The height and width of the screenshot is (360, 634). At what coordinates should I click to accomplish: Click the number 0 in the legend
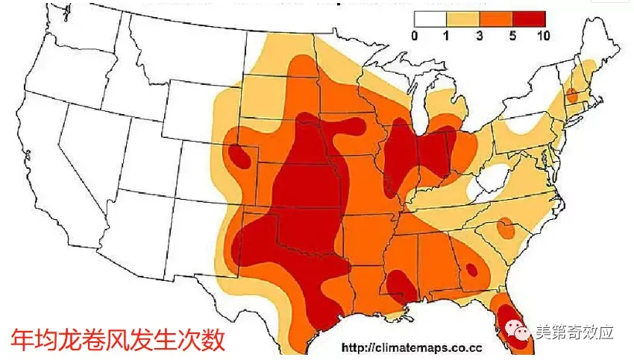coord(415,35)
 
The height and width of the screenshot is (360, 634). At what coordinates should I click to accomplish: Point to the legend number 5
coord(512,35)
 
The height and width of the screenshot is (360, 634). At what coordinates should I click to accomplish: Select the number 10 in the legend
coord(544,35)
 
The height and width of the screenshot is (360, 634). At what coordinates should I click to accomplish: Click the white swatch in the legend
coord(431,20)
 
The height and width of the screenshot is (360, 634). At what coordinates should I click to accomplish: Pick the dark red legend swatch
coord(529,20)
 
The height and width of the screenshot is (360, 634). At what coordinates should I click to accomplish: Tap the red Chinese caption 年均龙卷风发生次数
coord(118,339)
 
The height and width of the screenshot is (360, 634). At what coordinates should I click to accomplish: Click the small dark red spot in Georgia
coord(471,270)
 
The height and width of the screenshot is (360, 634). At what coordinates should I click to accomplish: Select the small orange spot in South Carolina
coord(505,229)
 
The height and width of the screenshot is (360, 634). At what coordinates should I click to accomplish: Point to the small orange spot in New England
coord(572,95)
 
